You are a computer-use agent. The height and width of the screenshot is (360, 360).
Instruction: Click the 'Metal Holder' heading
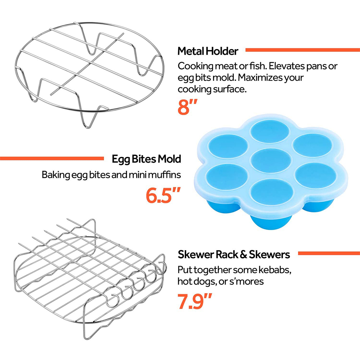pyautogui.click(x=208, y=51)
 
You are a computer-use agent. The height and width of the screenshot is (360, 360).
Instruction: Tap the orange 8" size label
pyautogui.click(x=187, y=107)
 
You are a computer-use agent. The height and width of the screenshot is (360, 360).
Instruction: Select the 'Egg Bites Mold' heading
pyautogui.click(x=146, y=159)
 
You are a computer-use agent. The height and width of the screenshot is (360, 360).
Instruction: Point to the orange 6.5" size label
pyautogui.click(x=163, y=195)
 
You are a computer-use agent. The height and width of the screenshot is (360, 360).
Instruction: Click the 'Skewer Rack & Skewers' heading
pyautogui.click(x=234, y=255)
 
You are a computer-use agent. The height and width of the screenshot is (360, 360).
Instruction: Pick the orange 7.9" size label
pyautogui.click(x=194, y=301)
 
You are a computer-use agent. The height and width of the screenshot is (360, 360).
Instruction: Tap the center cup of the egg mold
pyautogui.click(x=271, y=161)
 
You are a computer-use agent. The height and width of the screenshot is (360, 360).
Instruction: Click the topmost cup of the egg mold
pyautogui.click(x=270, y=131)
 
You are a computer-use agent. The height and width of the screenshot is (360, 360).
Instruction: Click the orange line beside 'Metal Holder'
pyautogui.click(x=303, y=50)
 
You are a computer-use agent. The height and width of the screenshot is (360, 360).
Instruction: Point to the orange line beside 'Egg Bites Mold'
pyautogui.click(x=52, y=158)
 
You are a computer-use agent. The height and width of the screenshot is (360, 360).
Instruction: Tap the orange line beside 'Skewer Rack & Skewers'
pyautogui.click(x=329, y=253)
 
